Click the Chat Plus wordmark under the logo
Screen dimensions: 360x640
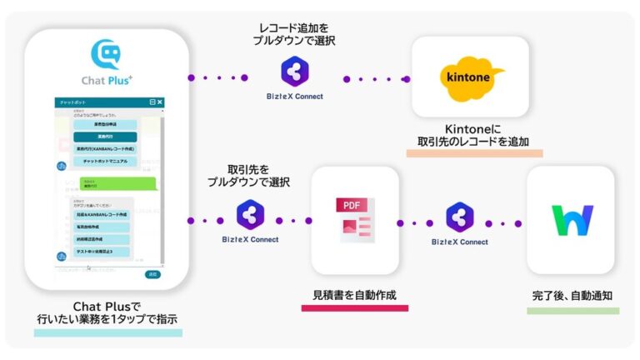107,79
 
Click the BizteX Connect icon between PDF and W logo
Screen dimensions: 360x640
459,218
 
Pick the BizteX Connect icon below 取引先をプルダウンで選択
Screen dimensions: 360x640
250,214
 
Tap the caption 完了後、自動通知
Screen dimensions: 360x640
572,296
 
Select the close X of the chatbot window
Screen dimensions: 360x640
160,102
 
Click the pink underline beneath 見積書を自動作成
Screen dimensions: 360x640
354,308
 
